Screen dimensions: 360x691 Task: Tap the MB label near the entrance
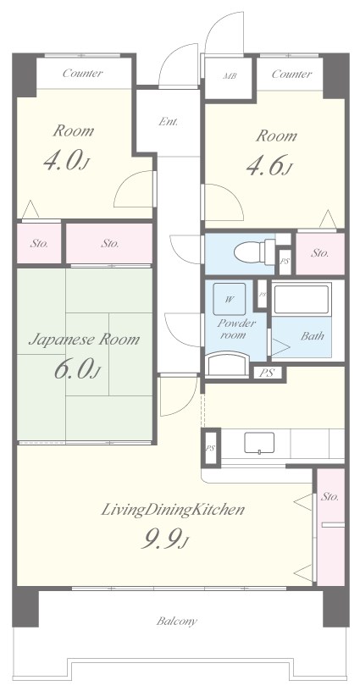[x=230, y=76]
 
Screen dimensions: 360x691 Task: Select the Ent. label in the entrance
[x=169, y=122]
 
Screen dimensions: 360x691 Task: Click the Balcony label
[x=177, y=622]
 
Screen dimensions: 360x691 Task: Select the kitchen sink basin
[x=259, y=442]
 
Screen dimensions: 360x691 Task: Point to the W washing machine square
[x=230, y=299]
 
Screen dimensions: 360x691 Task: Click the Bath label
[x=313, y=336]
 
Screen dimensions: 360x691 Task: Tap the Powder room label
[x=236, y=329]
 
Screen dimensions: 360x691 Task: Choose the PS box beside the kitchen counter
[x=211, y=448]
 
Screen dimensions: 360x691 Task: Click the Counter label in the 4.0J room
[x=82, y=73]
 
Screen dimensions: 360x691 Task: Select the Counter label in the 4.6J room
[x=291, y=74]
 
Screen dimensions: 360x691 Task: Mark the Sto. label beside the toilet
[x=320, y=253]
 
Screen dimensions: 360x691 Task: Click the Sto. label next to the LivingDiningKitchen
[x=330, y=496]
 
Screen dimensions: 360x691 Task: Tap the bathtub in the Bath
[x=302, y=300]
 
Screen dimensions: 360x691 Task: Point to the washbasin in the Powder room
[x=227, y=363]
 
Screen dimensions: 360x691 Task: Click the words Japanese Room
[x=84, y=340]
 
